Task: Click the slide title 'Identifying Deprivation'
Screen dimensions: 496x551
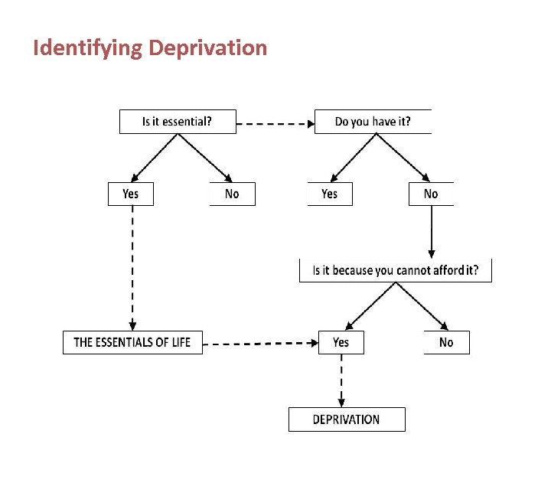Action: tap(150, 48)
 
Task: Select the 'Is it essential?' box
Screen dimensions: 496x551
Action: tap(178, 122)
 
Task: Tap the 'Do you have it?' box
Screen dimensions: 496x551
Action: tap(373, 122)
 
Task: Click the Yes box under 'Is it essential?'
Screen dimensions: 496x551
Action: tap(131, 194)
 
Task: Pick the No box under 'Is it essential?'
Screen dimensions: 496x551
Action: tap(232, 194)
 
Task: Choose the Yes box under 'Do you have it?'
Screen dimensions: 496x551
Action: tap(330, 194)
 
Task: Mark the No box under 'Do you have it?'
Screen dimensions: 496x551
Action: tap(431, 194)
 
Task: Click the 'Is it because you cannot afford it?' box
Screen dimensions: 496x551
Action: tap(395, 270)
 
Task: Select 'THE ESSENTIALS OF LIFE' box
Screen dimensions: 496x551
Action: tap(132, 342)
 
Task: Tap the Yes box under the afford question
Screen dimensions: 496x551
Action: tap(341, 342)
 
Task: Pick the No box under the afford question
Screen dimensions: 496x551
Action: tap(446, 342)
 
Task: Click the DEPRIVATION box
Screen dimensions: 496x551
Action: tap(347, 419)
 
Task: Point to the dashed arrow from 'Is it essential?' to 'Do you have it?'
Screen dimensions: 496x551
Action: tap(275, 122)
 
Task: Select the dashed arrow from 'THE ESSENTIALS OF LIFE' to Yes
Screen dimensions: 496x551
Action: tap(260, 344)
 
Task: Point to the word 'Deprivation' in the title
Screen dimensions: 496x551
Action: tap(207, 48)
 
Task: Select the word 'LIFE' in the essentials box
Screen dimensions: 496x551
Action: tap(178, 342)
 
